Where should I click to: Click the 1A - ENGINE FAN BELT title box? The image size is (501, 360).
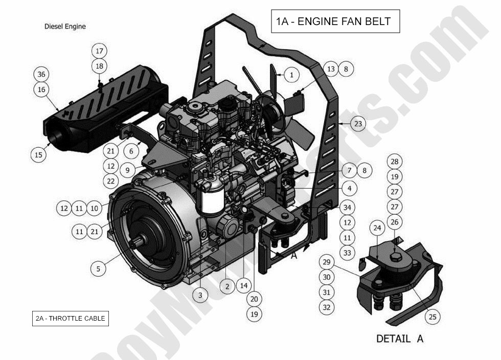[334, 21]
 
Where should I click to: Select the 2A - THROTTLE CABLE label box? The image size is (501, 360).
[70, 318]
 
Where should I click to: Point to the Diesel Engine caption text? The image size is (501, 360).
[65, 26]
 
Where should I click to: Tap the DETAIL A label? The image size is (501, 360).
[399, 339]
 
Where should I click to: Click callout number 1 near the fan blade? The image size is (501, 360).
[291, 75]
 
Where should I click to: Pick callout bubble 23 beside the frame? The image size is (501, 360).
[358, 124]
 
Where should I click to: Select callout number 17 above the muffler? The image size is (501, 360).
[99, 51]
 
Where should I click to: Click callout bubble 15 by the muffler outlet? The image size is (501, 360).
[39, 154]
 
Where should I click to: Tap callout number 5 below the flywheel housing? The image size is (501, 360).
[99, 267]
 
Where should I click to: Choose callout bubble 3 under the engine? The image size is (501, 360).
[200, 295]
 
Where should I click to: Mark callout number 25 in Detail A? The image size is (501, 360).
[432, 317]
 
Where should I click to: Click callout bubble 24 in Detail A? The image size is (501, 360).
[377, 228]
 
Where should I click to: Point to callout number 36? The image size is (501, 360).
[41, 74]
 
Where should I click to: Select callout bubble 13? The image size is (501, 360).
[331, 69]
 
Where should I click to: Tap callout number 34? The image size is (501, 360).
[347, 208]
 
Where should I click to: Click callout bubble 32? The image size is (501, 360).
[327, 307]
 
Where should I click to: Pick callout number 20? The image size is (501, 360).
[254, 299]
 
